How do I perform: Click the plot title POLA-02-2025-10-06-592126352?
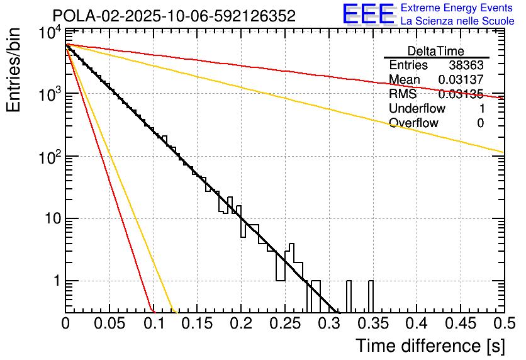click(174, 16)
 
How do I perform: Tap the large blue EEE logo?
click(369, 14)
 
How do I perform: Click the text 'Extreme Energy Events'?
click(457, 8)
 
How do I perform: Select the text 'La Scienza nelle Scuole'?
click(457, 21)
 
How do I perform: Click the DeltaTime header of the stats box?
click(436, 51)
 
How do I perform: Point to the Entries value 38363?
click(466, 65)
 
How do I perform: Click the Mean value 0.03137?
click(461, 80)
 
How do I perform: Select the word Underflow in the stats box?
click(417, 109)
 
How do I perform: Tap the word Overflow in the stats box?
click(413, 123)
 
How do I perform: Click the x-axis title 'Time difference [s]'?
click(430, 346)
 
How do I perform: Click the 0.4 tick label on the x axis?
click(415, 324)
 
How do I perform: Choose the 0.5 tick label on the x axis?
click(501, 324)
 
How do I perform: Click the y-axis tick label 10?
click(48, 219)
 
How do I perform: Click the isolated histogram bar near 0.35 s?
click(371, 296)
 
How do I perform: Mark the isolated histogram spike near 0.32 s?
click(348, 296)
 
